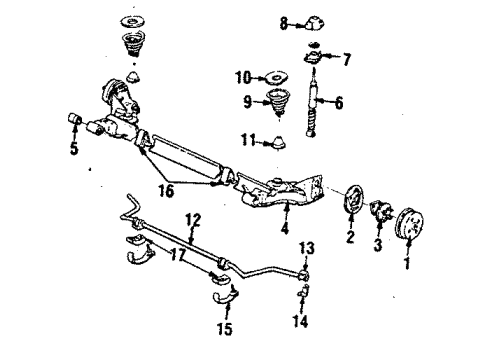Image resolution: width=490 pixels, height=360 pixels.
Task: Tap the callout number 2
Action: click(x=351, y=237)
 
